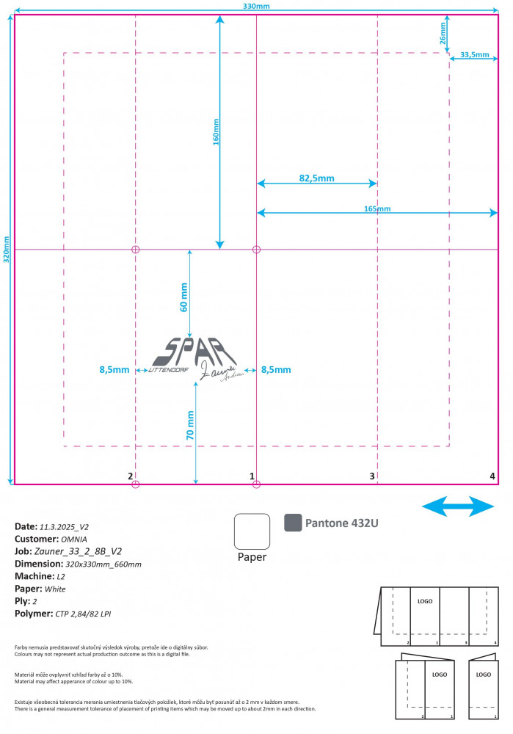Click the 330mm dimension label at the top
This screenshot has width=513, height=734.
tap(256, 6)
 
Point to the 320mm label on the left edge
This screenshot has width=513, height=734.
tap(7, 250)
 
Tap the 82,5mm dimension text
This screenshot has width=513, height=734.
tap(316, 178)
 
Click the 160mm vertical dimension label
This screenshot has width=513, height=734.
tap(216, 132)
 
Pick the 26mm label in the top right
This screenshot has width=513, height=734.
tap(443, 37)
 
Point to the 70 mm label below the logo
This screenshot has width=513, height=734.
tap(191, 424)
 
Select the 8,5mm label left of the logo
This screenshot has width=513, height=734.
tap(114, 370)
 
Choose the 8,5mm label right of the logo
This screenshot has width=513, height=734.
tap(276, 370)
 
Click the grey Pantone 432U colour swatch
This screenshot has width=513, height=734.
tap(293, 522)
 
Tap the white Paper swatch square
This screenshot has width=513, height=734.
tap(252, 531)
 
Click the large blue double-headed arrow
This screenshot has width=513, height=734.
tap(459, 506)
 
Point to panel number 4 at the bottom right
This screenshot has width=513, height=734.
tap(492, 476)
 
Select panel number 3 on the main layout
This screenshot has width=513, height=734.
tap(372, 476)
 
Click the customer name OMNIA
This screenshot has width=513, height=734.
tap(75, 539)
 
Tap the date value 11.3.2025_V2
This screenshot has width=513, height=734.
tap(64, 527)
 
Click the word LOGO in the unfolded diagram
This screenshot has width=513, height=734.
tap(425, 601)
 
